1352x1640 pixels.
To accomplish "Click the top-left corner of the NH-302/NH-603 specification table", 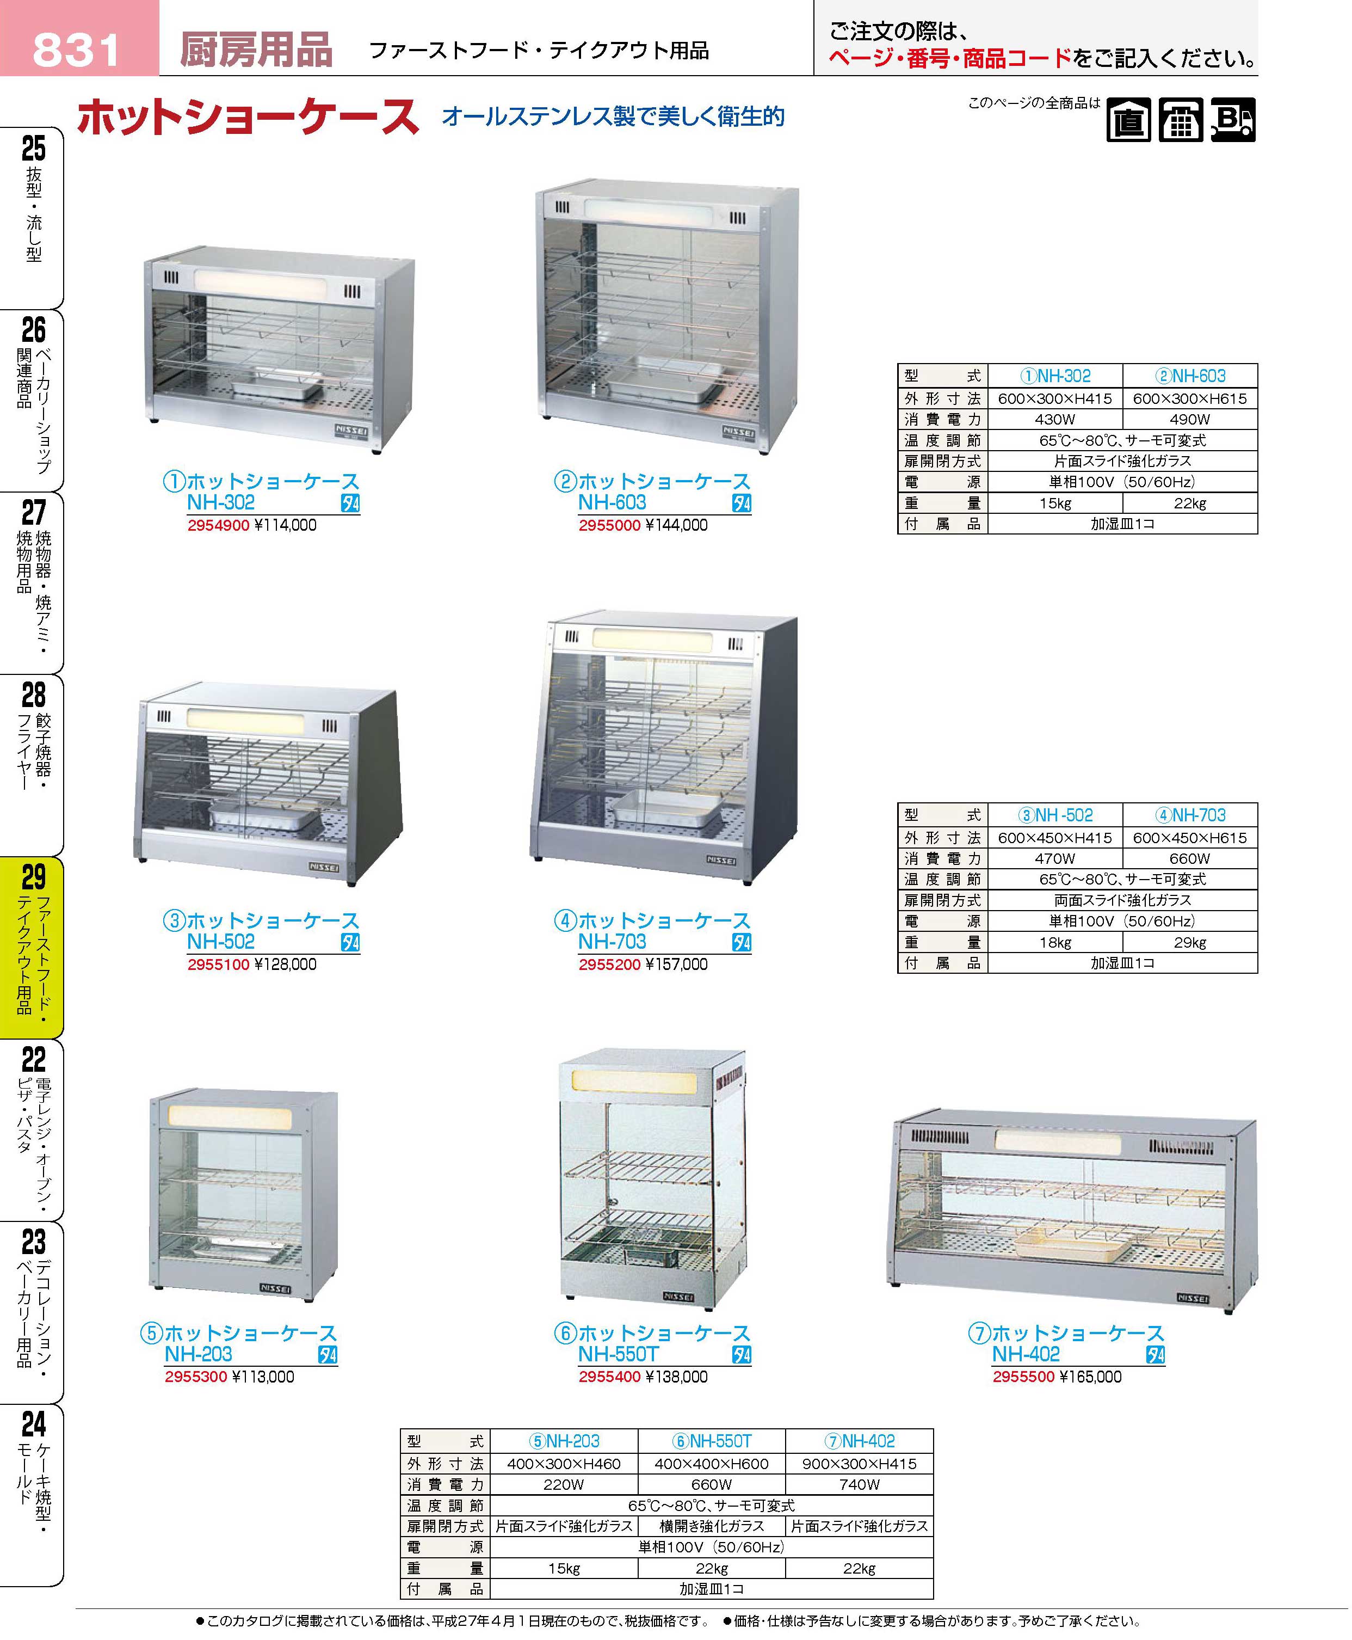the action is click(x=898, y=364).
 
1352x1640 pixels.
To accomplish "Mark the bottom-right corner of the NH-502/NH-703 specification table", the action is click(x=1258, y=973).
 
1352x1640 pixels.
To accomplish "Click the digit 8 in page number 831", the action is click(x=47, y=51).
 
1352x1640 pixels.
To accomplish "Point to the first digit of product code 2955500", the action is click(x=997, y=1377).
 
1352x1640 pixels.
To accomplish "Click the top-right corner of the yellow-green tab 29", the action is click(x=63, y=858).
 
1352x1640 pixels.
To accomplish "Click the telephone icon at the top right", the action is click(x=1181, y=120).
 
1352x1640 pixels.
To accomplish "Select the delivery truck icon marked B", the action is click(x=1233, y=120).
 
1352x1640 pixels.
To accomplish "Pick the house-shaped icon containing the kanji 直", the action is click(x=1128, y=120).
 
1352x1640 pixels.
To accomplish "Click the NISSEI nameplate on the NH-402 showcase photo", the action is click(x=1193, y=1299).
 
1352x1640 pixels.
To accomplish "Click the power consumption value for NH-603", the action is click(x=1189, y=419).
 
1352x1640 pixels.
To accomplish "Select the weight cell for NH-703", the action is click(x=1189, y=943).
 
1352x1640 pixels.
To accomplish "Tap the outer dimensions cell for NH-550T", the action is click(x=711, y=1464).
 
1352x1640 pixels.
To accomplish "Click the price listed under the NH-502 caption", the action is click(x=285, y=965).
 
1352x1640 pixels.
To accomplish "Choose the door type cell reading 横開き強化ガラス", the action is click(x=711, y=1526).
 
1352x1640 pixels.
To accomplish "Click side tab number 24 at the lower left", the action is click(x=34, y=1424).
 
